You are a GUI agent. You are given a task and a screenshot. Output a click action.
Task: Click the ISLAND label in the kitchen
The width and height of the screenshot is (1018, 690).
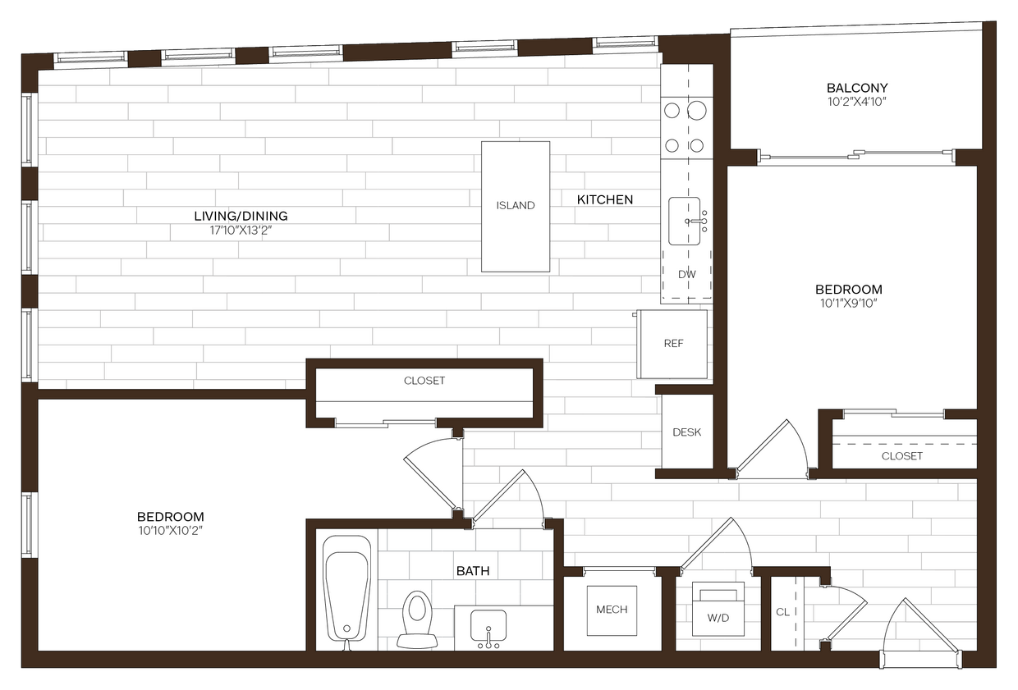pyautogui.click(x=516, y=205)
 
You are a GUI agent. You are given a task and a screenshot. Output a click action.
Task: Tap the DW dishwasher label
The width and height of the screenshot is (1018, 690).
pyautogui.click(x=687, y=274)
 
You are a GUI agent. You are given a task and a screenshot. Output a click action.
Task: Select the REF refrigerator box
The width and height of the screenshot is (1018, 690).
pyautogui.click(x=673, y=344)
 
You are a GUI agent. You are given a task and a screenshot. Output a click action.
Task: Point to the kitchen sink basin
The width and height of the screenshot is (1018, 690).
pyautogui.click(x=684, y=221)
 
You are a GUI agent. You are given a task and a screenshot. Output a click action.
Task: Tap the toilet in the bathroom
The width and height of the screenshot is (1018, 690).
pyautogui.click(x=416, y=616)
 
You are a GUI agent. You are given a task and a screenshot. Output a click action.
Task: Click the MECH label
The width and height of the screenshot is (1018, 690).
pyautogui.click(x=612, y=610)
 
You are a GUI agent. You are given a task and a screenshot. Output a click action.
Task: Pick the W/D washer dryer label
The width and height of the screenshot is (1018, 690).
pyautogui.click(x=718, y=616)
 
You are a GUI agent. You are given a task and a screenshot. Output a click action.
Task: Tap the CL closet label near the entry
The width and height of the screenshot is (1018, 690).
pyautogui.click(x=782, y=612)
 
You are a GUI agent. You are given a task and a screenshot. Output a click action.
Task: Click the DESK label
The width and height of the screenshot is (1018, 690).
pyautogui.click(x=687, y=432)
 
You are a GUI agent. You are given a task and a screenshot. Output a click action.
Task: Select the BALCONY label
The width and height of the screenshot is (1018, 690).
pyautogui.click(x=857, y=88)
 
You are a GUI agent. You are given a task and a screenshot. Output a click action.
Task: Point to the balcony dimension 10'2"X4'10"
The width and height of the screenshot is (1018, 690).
pyautogui.click(x=857, y=102)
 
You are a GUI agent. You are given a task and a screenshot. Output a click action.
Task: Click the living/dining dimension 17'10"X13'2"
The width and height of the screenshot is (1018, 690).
pyautogui.click(x=241, y=231)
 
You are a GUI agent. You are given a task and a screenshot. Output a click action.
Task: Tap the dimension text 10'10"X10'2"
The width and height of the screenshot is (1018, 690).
pyautogui.click(x=170, y=531)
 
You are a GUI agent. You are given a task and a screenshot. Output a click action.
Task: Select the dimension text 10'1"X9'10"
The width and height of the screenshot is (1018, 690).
pyautogui.click(x=848, y=304)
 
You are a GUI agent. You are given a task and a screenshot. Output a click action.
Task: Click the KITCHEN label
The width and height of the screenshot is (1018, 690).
pyautogui.click(x=605, y=199)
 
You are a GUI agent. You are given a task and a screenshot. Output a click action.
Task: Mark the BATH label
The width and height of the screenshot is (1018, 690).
pyautogui.click(x=473, y=570)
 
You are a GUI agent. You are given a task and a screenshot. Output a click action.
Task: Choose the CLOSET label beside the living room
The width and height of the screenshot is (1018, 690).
pyautogui.click(x=424, y=381)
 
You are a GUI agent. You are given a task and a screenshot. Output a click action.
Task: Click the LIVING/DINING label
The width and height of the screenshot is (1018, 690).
pyautogui.click(x=241, y=217)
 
